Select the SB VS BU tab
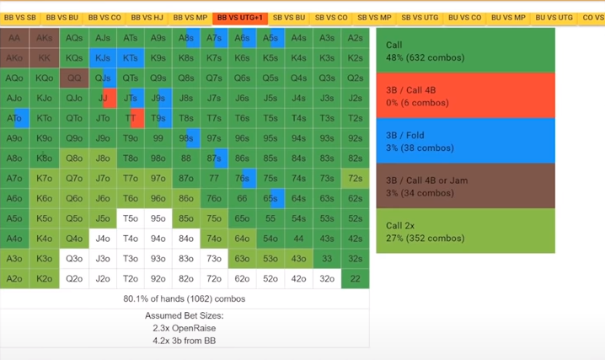[x=288, y=17]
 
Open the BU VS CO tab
[x=465, y=17]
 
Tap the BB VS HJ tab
[x=147, y=17]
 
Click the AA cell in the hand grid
[x=14, y=38]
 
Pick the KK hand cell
[x=44, y=58]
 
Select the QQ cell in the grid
[x=74, y=78]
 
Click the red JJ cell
[x=103, y=98]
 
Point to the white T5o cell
[x=131, y=218]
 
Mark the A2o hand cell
[x=14, y=279]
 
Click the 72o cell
[x=214, y=279]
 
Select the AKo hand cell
[x=14, y=58]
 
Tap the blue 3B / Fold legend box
[x=465, y=140]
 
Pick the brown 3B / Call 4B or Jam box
[x=465, y=185]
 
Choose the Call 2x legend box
[x=465, y=230]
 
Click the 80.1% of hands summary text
[x=185, y=298]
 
